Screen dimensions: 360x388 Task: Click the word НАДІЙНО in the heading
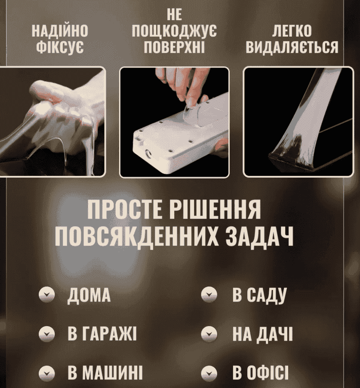coord(60,31)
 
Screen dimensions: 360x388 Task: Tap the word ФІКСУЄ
coord(60,47)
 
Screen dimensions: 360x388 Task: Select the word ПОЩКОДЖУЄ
coord(174,31)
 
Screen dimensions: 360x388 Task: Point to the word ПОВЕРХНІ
coord(174,47)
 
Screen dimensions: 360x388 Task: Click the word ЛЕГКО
coord(292,31)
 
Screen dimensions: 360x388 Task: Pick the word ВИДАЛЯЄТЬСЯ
coord(292,47)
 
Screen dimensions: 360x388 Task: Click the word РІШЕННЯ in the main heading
coord(215,209)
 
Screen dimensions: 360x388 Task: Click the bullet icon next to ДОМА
coord(47,295)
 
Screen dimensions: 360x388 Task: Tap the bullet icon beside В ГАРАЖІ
coord(47,334)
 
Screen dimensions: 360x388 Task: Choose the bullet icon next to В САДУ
coord(209,295)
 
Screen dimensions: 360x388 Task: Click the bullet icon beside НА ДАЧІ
coord(209,334)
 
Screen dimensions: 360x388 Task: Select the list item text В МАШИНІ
coord(105,373)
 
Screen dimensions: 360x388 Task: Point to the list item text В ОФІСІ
coord(260,373)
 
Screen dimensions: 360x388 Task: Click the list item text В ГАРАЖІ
coord(102,333)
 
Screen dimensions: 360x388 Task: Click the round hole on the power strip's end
coord(149,155)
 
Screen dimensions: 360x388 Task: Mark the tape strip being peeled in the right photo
coord(305,116)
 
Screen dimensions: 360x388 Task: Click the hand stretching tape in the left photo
coord(67,99)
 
